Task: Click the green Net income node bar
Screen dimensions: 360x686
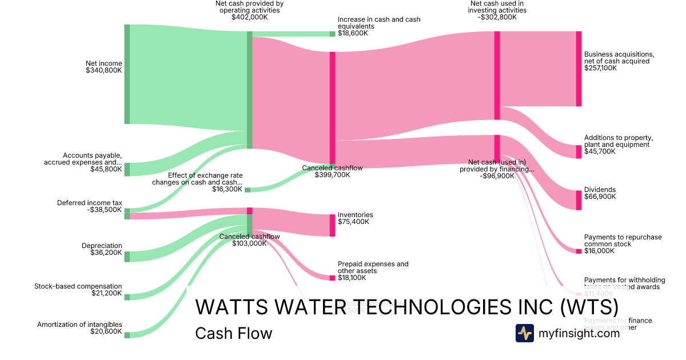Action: pos(127,74)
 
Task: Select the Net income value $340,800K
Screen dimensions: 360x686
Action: pos(104,71)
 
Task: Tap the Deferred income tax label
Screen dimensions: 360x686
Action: pos(90,203)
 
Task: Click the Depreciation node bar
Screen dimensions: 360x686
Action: pos(127,257)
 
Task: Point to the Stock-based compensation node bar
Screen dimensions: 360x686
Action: pos(127,297)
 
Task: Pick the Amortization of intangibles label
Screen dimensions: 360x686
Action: pos(79,325)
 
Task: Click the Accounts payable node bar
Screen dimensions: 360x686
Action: pos(127,169)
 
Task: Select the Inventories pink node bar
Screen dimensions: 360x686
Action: pos(332,225)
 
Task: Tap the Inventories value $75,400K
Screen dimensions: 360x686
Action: pos(353,222)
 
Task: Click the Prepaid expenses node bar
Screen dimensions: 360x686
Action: pos(332,278)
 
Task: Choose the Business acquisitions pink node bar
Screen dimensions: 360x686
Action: pos(579,69)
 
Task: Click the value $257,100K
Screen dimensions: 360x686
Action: pos(600,68)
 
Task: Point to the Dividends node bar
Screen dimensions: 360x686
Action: pos(579,200)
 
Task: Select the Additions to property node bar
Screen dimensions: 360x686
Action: pos(579,151)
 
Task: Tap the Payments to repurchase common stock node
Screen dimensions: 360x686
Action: pos(579,251)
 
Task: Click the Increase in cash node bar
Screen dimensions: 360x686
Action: pos(332,34)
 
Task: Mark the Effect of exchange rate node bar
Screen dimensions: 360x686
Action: pos(248,190)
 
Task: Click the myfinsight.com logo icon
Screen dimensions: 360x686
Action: pos(524,333)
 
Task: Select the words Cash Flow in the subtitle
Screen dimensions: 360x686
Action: pos(233,333)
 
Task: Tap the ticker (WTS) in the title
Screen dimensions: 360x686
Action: pos(588,307)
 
